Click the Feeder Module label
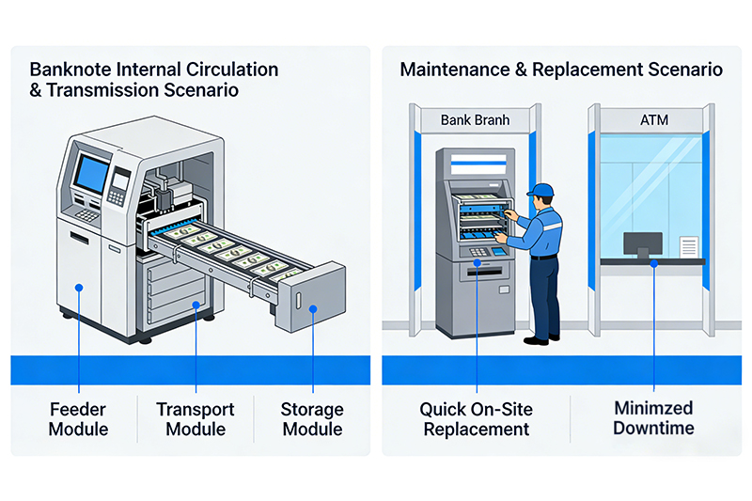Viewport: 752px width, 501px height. [79, 419]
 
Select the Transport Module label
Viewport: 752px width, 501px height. [195, 419]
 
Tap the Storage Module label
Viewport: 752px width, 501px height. [312, 419]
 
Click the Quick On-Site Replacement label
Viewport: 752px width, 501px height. [477, 419]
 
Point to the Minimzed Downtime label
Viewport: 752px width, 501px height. [653, 419]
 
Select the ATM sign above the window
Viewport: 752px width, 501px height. [650, 120]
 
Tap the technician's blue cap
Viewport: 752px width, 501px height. [540, 191]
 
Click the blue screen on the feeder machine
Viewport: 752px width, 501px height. [91, 174]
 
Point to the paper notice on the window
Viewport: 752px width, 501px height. [689, 246]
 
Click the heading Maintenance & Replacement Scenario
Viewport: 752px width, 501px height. [561, 70]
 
